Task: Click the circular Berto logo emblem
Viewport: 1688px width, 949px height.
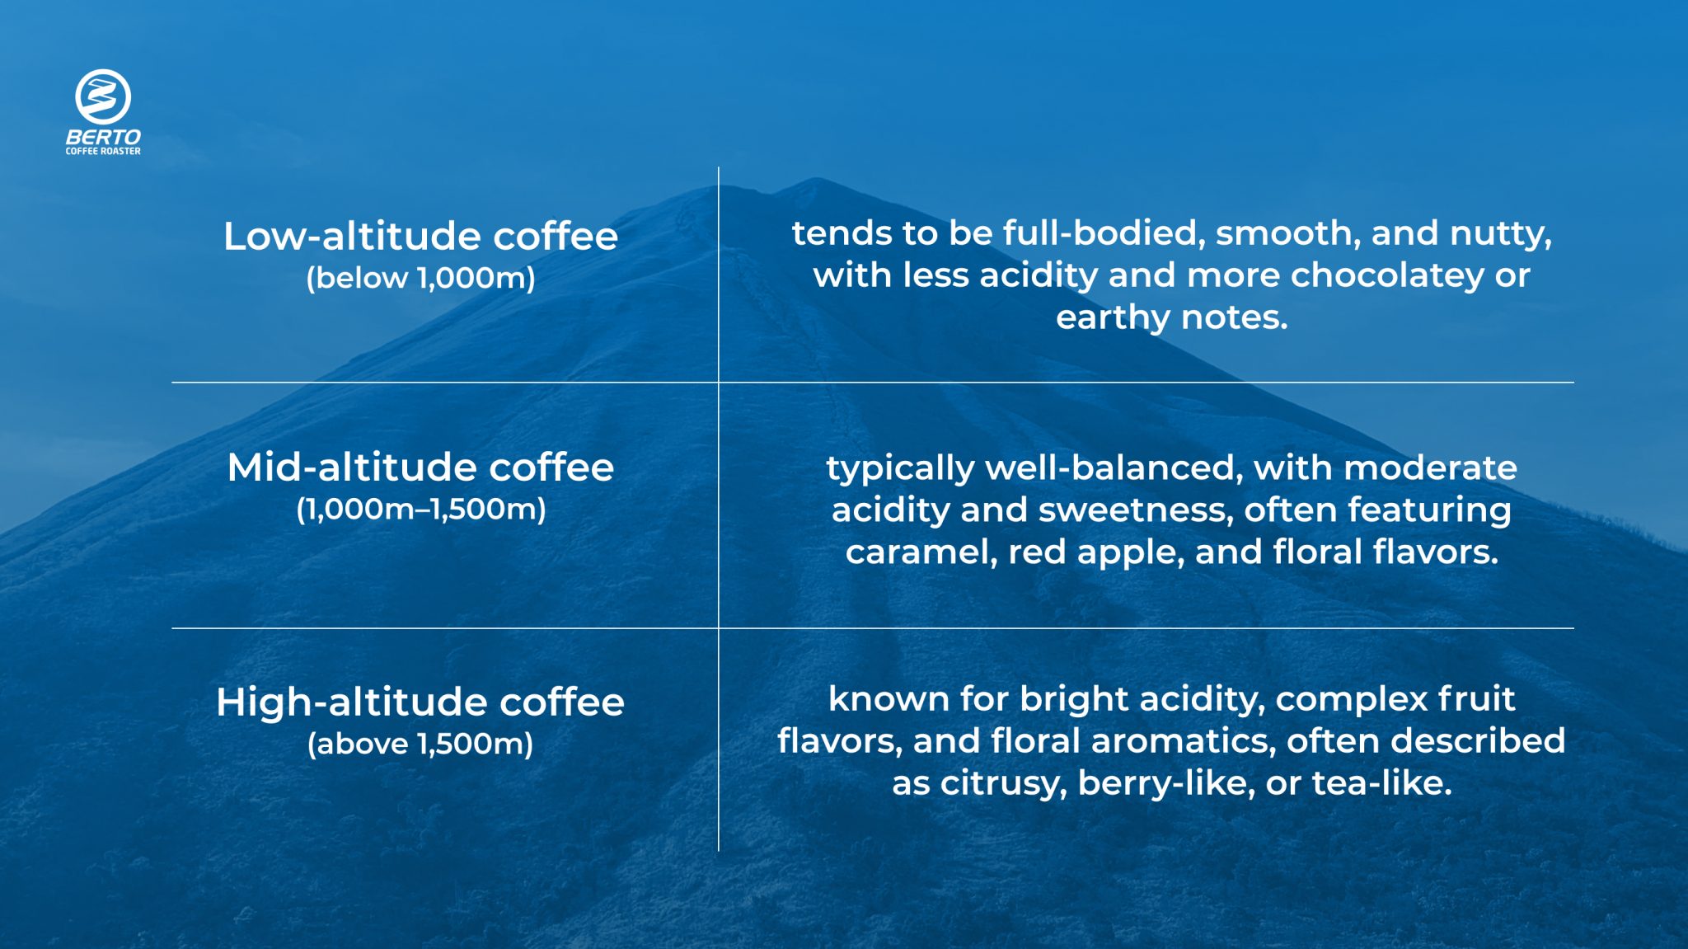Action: pos(103,96)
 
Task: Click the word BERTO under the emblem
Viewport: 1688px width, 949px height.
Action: pos(103,137)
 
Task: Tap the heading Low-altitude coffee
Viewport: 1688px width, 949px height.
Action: pos(420,237)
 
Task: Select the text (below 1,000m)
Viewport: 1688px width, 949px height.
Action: pos(420,278)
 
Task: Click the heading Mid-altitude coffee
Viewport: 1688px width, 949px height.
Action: pos(420,467)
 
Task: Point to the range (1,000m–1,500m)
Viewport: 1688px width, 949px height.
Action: pos(420,510)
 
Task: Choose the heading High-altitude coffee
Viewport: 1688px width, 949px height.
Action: pos(420,702)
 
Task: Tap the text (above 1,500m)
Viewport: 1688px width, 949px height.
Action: pos(420,744)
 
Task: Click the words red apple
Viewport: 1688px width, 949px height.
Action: pos(1096,552)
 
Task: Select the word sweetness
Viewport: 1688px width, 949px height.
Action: pos(1135,510)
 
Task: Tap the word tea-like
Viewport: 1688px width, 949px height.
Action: pos(1381,783)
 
